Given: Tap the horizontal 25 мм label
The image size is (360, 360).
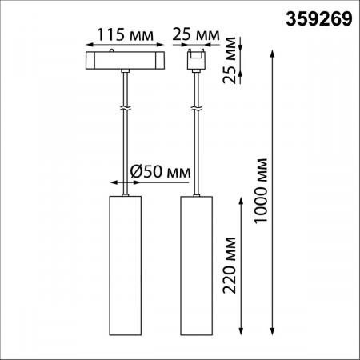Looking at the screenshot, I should pyautogui.click(x=196, y=36).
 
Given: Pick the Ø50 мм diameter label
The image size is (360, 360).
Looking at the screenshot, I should pyautogui.click(x=159, y=171).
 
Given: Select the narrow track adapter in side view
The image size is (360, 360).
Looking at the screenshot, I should pyautogui.click(x=196, y=60).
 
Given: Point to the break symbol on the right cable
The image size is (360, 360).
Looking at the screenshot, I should pyautogui.click(x=196, y=107).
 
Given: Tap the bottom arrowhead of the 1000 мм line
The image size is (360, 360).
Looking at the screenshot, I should pyautogui.click(x=275, y=331).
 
